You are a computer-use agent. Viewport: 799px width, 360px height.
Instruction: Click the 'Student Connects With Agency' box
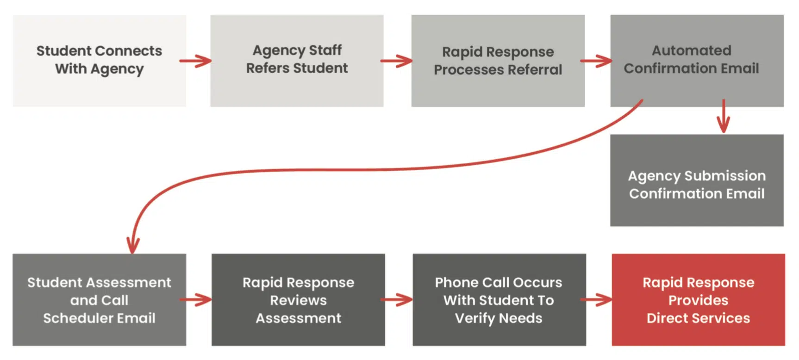100,61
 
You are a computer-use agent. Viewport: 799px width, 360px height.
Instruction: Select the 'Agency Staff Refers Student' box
297,61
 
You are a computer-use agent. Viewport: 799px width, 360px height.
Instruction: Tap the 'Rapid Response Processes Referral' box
498,61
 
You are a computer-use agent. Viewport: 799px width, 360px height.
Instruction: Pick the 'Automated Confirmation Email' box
697,61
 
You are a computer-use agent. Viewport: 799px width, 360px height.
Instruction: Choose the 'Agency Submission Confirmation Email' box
697,180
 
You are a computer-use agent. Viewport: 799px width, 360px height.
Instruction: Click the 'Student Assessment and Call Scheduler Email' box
100,300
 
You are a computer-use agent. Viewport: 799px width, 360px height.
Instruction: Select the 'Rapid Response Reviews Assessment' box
298,300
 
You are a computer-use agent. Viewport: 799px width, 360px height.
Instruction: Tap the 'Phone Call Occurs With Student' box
499,300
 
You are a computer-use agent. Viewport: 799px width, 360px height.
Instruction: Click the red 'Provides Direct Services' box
699,300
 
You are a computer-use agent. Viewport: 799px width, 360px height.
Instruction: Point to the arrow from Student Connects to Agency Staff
195,61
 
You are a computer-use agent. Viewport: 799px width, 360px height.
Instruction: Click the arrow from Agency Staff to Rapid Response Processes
396,61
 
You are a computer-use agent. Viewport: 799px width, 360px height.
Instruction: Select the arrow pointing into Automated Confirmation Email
596,61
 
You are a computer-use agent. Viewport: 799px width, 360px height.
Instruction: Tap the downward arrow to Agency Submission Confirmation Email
723,116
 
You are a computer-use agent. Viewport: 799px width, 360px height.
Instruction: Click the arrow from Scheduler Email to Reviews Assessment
195,300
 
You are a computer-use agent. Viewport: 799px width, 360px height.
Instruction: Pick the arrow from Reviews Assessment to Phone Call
396,300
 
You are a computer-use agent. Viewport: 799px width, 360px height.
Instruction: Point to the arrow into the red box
596,300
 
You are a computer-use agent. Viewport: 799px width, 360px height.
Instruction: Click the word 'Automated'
692,50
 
